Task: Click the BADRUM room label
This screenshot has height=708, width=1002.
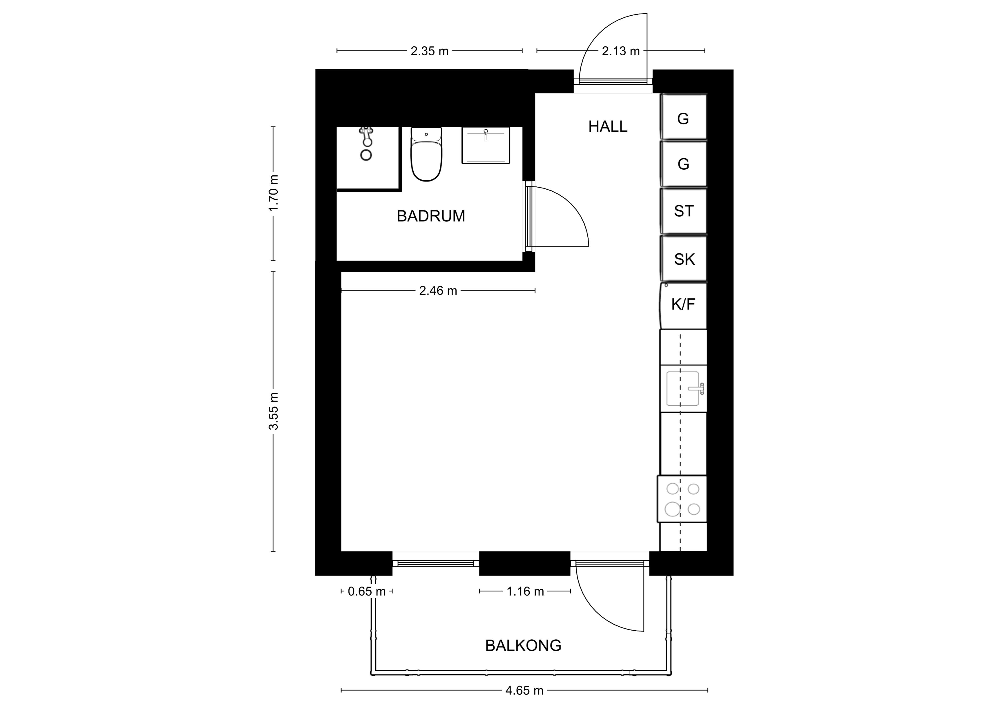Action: point(431,216)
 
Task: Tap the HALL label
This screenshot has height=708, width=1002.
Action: point(607,126)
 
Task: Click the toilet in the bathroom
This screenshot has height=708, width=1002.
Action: point(426,154)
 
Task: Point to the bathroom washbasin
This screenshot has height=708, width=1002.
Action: point(486,145)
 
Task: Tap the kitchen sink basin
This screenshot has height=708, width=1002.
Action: point(683,388)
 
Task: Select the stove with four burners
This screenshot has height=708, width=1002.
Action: point(682,499)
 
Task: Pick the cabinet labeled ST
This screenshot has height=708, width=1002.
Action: point(683,211)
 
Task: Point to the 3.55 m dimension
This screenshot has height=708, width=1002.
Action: point(274,411)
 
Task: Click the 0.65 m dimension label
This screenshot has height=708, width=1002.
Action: point(367,591)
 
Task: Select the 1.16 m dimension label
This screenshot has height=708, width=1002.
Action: point(525,591)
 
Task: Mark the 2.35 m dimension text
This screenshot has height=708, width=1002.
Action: point(430,51)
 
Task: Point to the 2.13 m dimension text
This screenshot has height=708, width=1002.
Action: point(621,51)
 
